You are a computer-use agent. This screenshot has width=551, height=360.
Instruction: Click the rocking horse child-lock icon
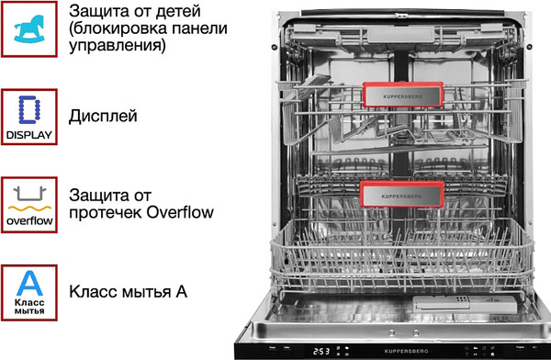[28, 28]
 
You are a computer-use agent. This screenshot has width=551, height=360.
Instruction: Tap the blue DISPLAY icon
[28, 117]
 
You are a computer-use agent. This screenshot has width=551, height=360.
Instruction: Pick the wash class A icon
[28, 291]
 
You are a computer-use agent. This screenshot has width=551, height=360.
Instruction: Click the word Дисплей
[103, 117]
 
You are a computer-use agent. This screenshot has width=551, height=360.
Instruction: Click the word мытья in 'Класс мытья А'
[141, 292]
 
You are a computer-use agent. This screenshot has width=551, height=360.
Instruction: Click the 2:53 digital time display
[320, 350]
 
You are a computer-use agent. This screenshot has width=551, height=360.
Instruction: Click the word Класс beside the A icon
[92, 292]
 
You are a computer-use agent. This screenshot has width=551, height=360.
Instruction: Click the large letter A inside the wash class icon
[28, 282]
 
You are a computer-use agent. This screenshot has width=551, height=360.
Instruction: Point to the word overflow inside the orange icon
[28, 221]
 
